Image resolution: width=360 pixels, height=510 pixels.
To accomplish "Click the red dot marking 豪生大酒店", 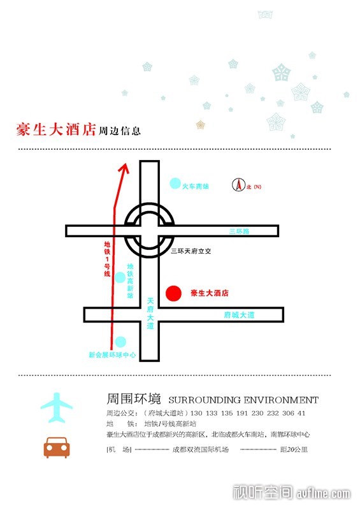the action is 173,293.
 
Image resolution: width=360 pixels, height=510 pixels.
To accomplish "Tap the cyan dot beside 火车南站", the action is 175,184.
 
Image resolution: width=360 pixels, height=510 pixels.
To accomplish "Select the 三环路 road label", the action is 239,231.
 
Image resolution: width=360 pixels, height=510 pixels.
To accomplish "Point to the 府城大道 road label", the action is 240,315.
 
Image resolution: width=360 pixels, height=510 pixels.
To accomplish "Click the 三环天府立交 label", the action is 191,251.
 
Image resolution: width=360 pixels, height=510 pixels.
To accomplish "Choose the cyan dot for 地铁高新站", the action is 120,278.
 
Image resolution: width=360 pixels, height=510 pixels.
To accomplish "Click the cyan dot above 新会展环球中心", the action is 120,342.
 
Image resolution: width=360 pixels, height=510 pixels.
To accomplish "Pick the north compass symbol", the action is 238,185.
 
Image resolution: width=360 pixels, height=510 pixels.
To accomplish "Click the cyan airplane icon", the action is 57,407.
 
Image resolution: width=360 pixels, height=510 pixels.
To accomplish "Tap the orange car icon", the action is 57,448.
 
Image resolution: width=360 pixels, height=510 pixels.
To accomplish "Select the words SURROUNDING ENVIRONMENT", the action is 243,400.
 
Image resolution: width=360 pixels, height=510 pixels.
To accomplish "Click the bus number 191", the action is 242,413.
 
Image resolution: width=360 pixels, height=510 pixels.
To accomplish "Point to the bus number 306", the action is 288,413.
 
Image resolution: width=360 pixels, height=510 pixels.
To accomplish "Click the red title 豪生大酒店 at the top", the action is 56,129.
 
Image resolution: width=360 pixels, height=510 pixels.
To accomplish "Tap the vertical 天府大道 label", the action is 150,313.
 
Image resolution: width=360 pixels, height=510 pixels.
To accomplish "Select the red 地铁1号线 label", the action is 107,259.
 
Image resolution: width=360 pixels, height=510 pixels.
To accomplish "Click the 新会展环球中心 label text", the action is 112,355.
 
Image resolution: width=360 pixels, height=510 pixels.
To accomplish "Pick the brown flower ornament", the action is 201,124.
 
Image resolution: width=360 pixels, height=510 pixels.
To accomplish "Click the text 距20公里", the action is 294,449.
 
